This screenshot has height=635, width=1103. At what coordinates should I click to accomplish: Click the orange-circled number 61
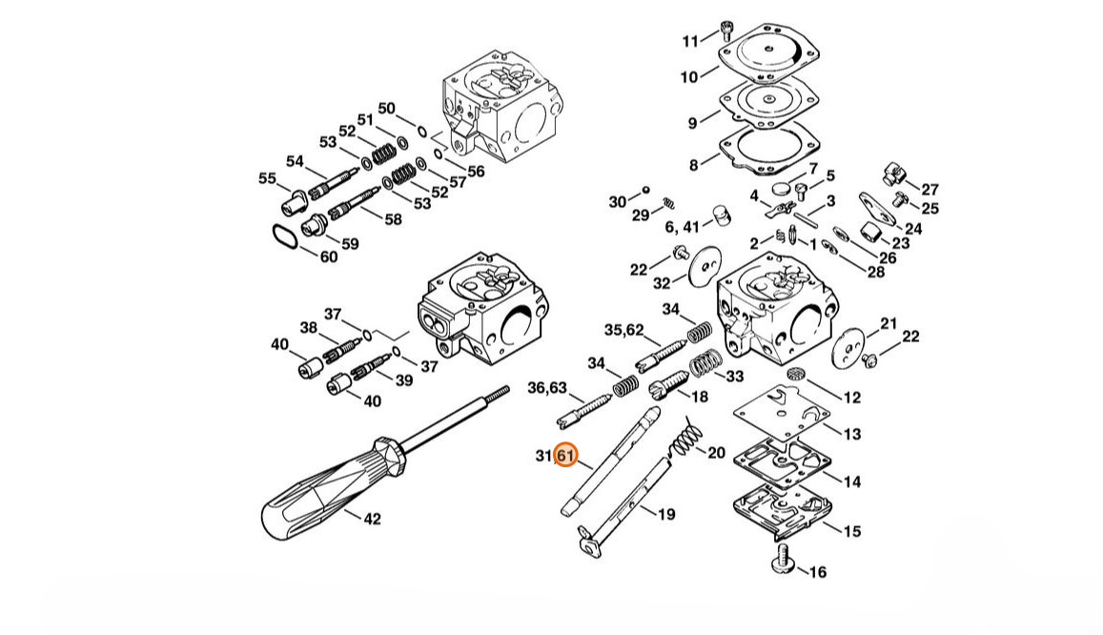tap(565, 456)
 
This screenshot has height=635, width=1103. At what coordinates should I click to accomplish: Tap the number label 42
tap(372, 519)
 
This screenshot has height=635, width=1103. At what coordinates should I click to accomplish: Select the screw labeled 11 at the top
tap(727, 31)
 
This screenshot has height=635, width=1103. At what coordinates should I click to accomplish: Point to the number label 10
tap(688, 76)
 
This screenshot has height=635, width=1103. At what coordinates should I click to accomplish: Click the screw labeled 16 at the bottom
tap(783, 563)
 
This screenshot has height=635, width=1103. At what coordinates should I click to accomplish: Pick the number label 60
tap(329, 256)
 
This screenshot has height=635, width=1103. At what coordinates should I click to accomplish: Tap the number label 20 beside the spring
tap(716, 453)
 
